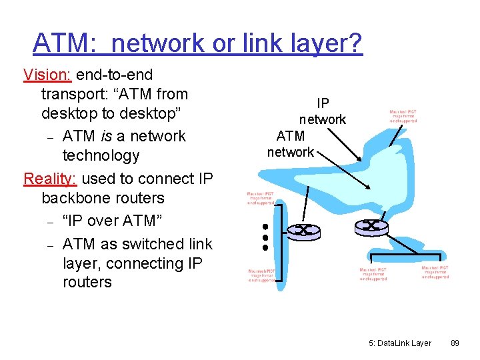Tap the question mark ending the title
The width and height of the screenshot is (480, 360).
355,44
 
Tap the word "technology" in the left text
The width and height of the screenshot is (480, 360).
101,155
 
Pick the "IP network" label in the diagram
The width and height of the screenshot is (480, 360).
323,111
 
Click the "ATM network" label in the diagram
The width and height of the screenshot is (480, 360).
291,144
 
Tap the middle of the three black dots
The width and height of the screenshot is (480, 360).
264,237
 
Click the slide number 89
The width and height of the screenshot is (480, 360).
455,343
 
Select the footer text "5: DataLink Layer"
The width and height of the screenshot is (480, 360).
399,343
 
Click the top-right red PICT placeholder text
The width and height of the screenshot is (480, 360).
403,116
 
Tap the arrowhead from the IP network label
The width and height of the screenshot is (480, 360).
361,161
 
